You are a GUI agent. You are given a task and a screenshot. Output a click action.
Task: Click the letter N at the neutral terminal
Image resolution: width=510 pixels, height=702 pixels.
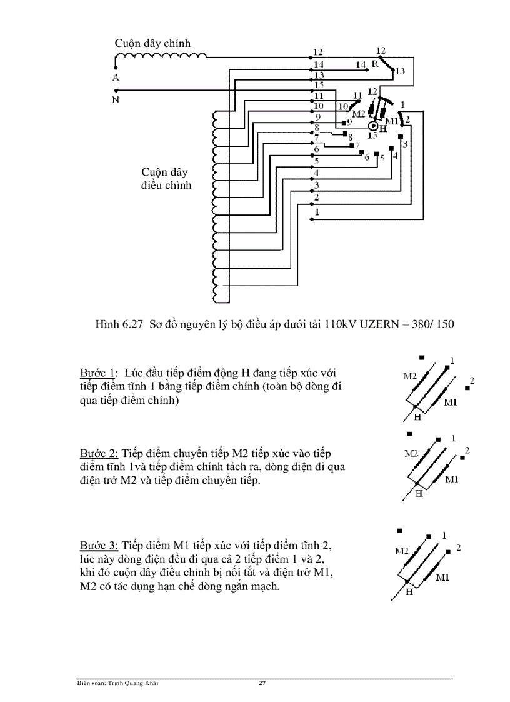click(x=116, y=99)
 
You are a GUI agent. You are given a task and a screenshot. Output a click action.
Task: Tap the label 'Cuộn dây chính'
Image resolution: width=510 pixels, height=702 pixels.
click(x=152, y=43)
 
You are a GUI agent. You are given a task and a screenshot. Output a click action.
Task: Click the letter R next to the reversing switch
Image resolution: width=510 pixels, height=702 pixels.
click(x=375, y=64)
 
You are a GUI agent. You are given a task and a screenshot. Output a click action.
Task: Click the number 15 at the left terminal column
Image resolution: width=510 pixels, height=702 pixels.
click(x=318, y=84)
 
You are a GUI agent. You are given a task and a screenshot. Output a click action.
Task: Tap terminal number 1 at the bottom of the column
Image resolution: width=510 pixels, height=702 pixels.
click(x=317, y=213)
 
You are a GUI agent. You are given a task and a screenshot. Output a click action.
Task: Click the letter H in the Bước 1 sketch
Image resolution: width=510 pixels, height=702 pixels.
click(x=417, y=416)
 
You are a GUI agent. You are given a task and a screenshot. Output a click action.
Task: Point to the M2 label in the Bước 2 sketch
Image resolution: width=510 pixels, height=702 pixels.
click(x=411, y=454)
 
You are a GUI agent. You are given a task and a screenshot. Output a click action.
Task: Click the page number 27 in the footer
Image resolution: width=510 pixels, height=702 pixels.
click(x=262, y=683)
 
